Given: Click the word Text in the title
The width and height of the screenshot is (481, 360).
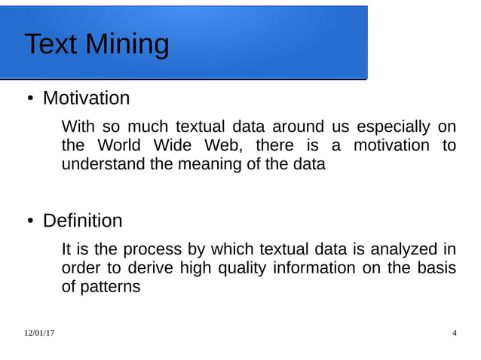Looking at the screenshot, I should (x=51, y=44).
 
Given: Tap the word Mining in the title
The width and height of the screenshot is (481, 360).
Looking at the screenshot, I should (x=127, y=46).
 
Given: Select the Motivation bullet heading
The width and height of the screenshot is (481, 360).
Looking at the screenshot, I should (x=86, y=99).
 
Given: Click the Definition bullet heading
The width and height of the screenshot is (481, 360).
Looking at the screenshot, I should (x=82, y=221).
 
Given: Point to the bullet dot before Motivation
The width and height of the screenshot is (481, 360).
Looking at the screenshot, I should (x=30, y=99).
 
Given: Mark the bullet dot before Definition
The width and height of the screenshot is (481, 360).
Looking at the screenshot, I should (x=30, y=222).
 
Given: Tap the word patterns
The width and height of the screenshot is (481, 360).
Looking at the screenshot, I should (x=110, y=287).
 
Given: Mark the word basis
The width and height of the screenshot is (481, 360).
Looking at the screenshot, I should (x=437, y=268).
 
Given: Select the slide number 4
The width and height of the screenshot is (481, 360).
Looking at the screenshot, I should (x=454, y=333).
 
